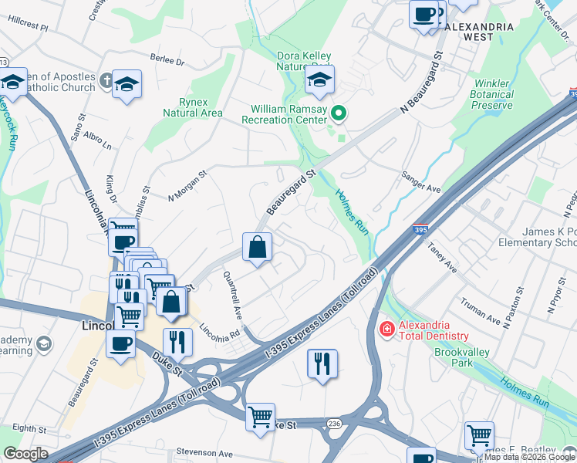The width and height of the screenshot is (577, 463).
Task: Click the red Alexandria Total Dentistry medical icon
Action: pos(386,330)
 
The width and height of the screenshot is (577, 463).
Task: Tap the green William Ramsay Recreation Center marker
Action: pos(338,114)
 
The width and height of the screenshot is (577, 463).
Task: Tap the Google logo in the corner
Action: pos(25,454)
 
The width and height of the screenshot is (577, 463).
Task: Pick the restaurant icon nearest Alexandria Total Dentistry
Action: pos(322,363)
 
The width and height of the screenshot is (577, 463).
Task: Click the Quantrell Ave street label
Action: pos(233,296)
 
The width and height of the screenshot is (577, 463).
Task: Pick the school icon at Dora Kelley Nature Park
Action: pos(319,79)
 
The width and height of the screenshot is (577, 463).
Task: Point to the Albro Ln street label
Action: pos(97,140)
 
